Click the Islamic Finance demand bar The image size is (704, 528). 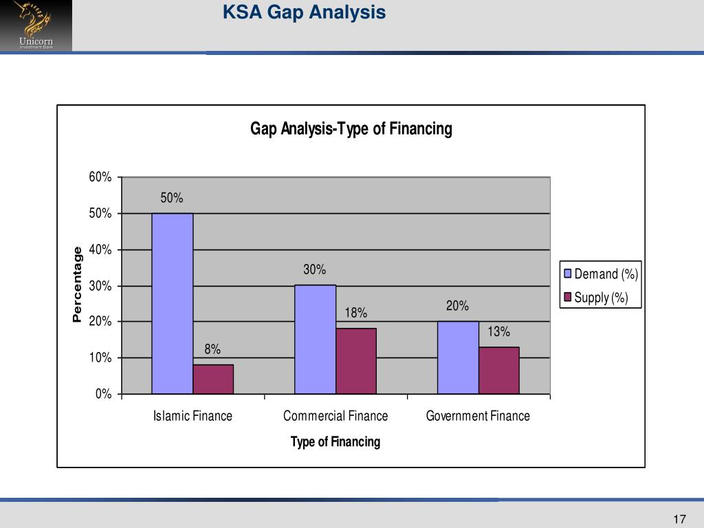click(x=173, y=303)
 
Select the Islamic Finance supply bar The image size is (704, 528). click(x=213, y=379)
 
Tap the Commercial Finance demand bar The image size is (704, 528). click(x=315, y=339)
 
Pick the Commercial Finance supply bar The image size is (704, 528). click(x=356, y=361)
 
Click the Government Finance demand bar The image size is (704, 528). click(x=458, y=357)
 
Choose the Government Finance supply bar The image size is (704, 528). click(x=499, y=370)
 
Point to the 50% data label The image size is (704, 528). click(x=172, y=198)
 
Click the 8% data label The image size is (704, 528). click(x=212, y=349)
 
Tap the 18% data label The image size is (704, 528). click(x=356, y=313)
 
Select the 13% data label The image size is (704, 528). click(x=499, y=332)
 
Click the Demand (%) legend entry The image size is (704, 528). click(x=601, y=274)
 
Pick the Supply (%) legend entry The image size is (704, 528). click(x=595, y=298)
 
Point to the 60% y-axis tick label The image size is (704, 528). click(x=100, y=177)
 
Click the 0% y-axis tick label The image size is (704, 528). click(x=104, y=394)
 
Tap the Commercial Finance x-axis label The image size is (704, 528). click(x=335, y=416)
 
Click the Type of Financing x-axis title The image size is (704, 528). click(x=335, y=441)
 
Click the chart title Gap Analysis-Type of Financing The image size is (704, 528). click(x=351, y=129)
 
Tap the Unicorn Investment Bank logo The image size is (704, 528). click(x=36, y=25)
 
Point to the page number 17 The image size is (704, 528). click(x=680, y=518)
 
